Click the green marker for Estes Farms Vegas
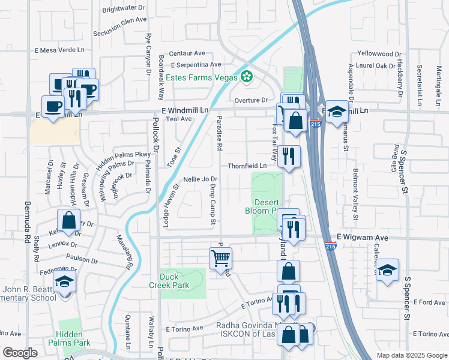coord(246,76)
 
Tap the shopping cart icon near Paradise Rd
coord(220,258)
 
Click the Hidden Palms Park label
coord(73,338)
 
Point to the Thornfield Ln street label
coord(247,166)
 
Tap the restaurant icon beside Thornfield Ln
coord(289,157)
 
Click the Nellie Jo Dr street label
coord(200,179)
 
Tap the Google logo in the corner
coord(20,353)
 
